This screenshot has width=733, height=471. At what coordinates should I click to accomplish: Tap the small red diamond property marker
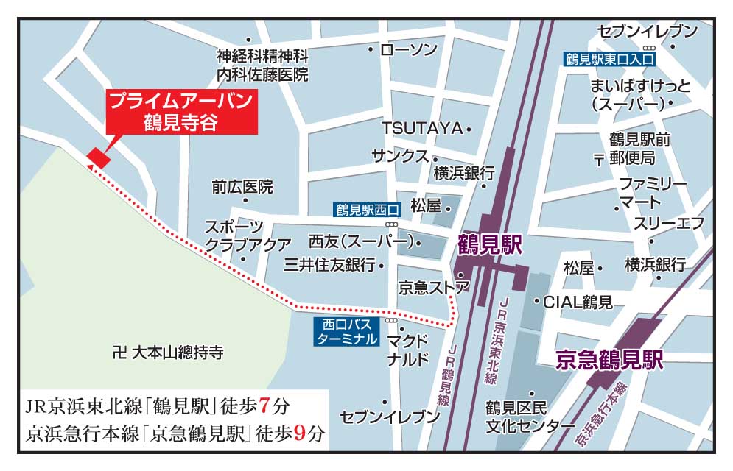(99, 157)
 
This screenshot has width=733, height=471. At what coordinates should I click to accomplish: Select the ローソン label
(408, 49)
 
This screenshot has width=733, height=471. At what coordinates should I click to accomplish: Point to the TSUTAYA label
(421, 128)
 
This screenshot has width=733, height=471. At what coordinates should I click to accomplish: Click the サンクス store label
(399, 156)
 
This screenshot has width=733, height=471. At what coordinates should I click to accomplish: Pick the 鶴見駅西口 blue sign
(366, 209)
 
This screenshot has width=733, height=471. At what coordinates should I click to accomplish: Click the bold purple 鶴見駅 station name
(487, 243)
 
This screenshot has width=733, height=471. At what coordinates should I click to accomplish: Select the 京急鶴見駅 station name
(609, 360)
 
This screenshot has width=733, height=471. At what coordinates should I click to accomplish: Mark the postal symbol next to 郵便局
(600, 158)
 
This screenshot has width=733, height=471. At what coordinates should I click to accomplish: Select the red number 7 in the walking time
(265, 405)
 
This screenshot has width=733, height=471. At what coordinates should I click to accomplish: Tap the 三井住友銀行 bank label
(329, 264)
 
